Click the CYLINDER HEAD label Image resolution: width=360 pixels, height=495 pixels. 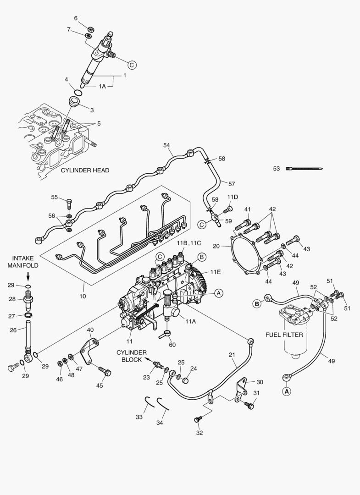85,170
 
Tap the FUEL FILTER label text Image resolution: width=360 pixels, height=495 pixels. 284,335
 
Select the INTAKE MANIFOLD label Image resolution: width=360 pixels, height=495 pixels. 26,262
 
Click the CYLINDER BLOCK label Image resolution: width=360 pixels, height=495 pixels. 131,356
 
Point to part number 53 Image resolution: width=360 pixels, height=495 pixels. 277,169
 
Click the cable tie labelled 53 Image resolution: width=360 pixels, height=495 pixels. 305,169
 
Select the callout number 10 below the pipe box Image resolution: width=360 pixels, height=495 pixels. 83,297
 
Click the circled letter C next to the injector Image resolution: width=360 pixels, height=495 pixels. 131,65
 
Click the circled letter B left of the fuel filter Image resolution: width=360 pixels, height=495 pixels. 257,303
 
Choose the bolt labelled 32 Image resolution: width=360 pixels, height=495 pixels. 198,419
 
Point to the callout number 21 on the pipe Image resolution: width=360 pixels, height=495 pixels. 232,355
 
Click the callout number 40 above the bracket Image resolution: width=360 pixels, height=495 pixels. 90,330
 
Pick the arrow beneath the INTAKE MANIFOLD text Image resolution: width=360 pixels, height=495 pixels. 28,276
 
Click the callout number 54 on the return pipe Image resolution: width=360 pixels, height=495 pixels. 167,145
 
